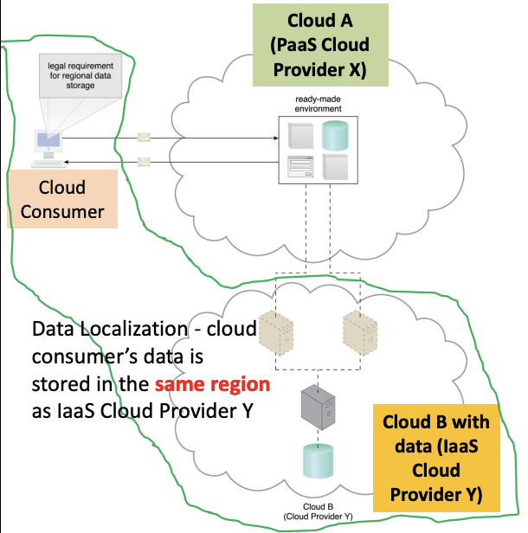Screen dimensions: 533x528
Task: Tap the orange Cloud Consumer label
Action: [x=61, y=198]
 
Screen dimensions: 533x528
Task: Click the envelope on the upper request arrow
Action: [x=145, y=137]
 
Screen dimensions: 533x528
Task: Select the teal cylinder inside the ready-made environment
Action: [x=336, y=134]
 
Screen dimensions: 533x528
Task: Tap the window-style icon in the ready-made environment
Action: [x=299, y=164]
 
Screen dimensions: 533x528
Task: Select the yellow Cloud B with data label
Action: [x=436, y=458]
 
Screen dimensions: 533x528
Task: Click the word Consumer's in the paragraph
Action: [x=83, y=356]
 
